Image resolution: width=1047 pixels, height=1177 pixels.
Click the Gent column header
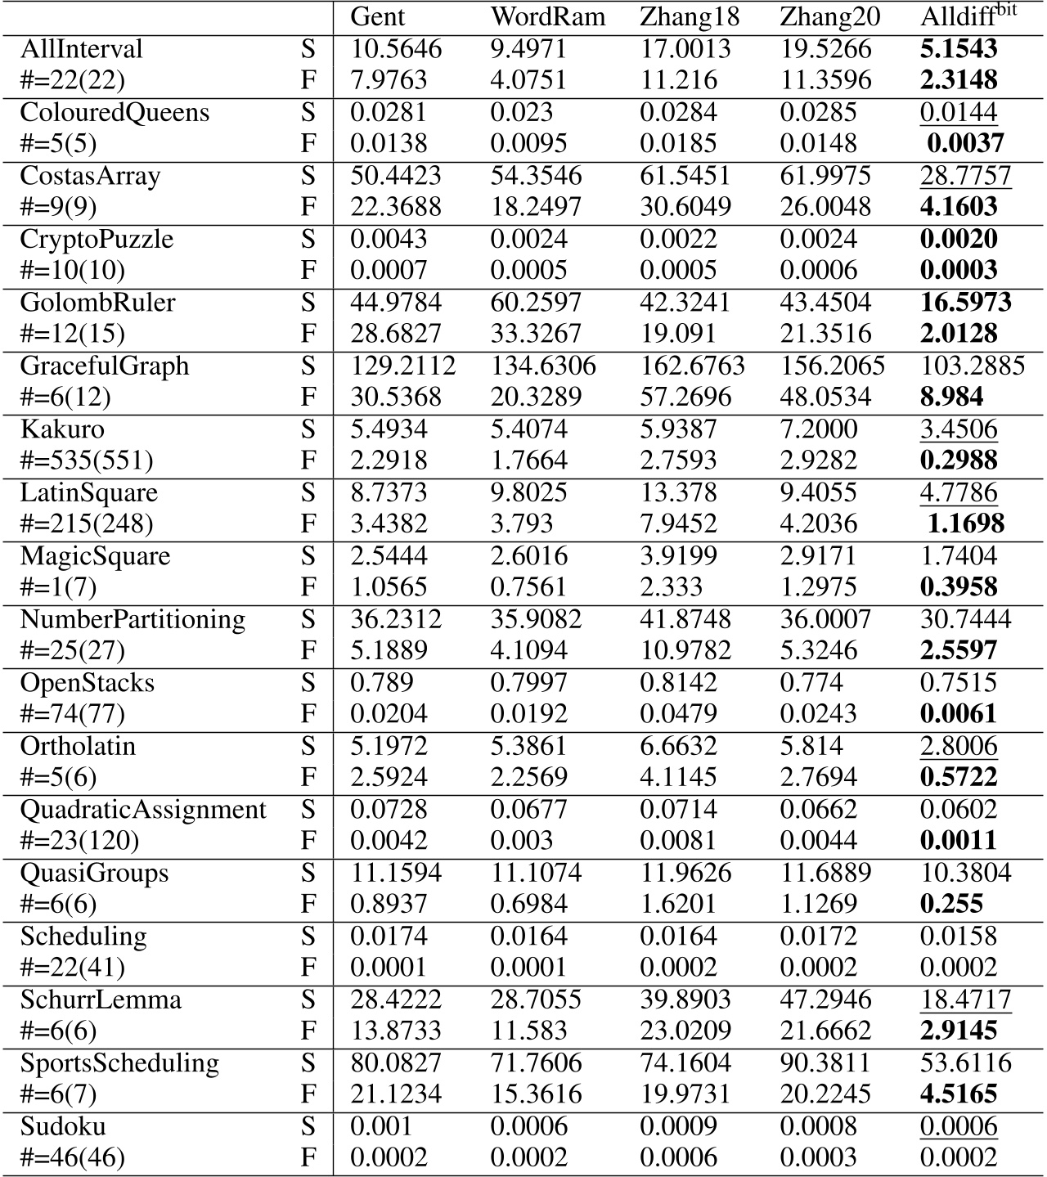(x=377, y=17)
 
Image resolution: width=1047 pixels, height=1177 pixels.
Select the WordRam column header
(x=547, y=17)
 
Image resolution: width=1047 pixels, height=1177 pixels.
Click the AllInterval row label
(x=81, y=49)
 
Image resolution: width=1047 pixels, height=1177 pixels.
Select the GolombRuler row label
(x=97, y=303)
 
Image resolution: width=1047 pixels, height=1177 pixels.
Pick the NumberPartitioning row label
(x=133, y=619)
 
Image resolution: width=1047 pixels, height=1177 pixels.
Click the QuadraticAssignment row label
(x=143, y=810)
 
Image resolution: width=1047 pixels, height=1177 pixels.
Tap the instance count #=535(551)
(x=87, y=461)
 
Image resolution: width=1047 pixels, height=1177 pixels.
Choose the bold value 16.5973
(x=965, y=303)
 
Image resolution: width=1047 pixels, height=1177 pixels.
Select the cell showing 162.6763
(x=692, y=366)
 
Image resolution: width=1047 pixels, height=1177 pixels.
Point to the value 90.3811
(x=832, y=1063)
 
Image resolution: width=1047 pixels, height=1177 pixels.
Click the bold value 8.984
(x=951, y=398)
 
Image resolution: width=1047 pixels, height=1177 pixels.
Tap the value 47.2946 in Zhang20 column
(x=832, y=1000)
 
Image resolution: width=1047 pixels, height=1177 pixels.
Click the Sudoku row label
(x=63, y=1127)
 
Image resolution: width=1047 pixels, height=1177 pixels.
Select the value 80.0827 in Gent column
(x=396, y=1063)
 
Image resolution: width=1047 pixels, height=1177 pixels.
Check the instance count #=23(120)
(x=79, y=842)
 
